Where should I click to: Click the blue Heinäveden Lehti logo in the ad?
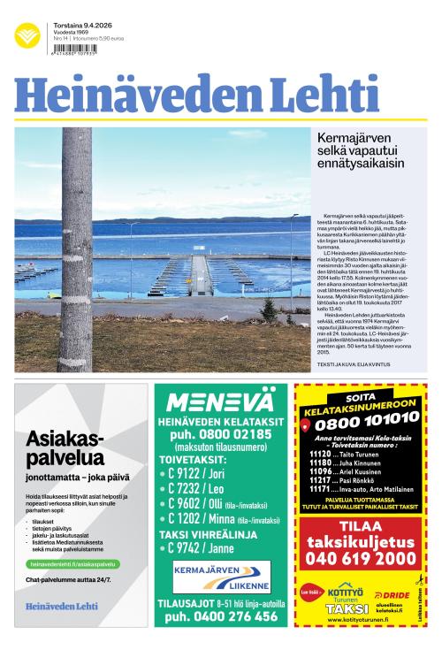[62, 607]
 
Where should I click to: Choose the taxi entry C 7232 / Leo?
[191, 488]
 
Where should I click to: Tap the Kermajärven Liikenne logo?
[221, 576]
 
